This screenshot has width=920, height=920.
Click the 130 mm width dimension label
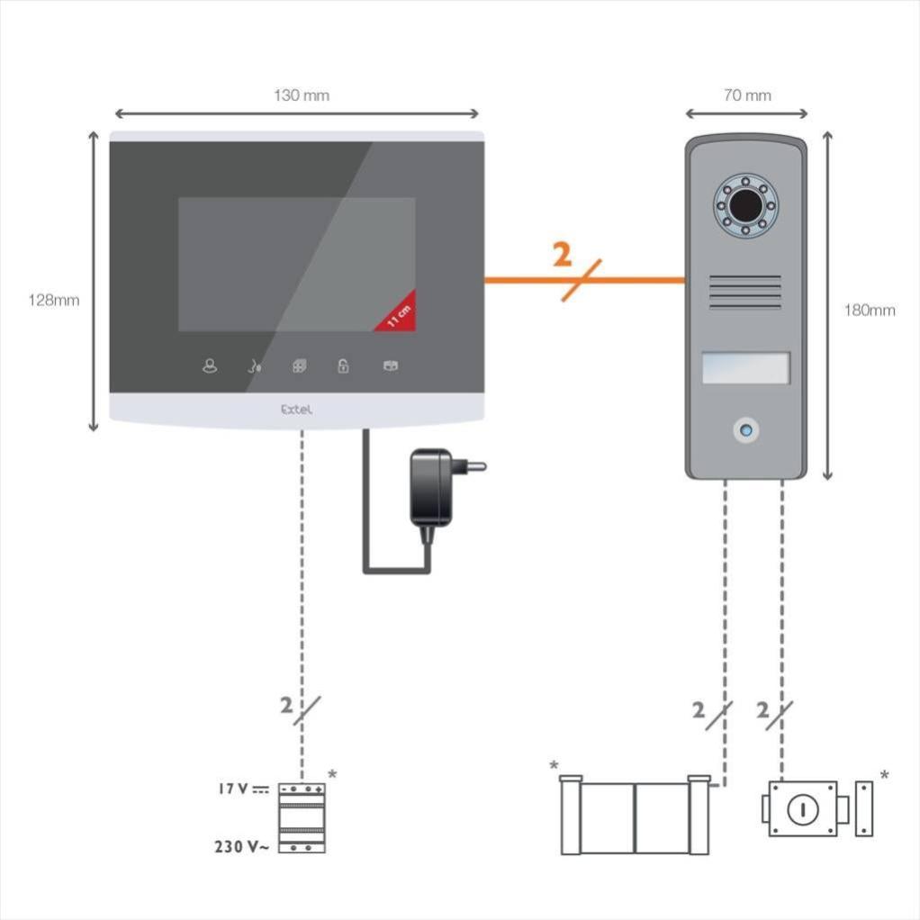click(301, 95)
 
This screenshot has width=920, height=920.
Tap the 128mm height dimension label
click(53, 301)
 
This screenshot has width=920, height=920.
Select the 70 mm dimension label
click(746, 95)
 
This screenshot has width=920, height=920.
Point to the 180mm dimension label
click(869, 311)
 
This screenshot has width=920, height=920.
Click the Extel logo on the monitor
click(296, 409)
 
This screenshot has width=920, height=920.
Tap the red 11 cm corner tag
click(399, 314)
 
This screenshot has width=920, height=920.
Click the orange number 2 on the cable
click(562, 256)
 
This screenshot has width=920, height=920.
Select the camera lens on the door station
click(745, 206)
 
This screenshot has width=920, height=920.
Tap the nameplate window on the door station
click(745, 368)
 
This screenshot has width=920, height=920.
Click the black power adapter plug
click(436, 487)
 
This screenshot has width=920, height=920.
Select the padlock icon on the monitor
click(343, 366)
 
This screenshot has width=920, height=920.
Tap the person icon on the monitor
click(210, 366)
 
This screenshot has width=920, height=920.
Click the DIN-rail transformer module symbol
click(302, 817)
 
